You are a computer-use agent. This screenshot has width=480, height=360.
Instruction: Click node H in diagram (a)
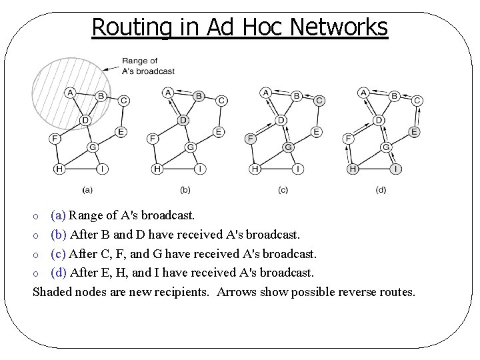coord(59,169)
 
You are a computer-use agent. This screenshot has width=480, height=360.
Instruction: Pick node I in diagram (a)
coord(101,169)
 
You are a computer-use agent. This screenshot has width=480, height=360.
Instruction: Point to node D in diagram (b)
coord(183,119)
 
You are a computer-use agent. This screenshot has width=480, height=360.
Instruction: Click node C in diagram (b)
coord(221,100)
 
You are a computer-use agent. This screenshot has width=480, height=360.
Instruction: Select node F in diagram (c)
coord(251,139)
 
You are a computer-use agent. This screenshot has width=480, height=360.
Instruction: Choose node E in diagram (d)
coord(415,131)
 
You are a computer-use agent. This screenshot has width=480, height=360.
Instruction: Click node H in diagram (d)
coord(353,169)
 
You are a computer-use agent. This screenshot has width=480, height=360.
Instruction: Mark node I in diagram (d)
coord(396,169)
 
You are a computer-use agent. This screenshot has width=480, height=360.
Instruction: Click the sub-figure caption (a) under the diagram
coord(87,190)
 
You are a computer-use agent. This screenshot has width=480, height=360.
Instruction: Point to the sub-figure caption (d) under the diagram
coord(381,190)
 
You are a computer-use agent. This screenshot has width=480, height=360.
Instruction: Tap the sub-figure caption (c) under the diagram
coord(283,190)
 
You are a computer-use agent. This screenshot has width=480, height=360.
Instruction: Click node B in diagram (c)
coord(297,95)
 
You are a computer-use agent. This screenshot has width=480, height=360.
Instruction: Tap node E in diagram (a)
coord(121,131)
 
